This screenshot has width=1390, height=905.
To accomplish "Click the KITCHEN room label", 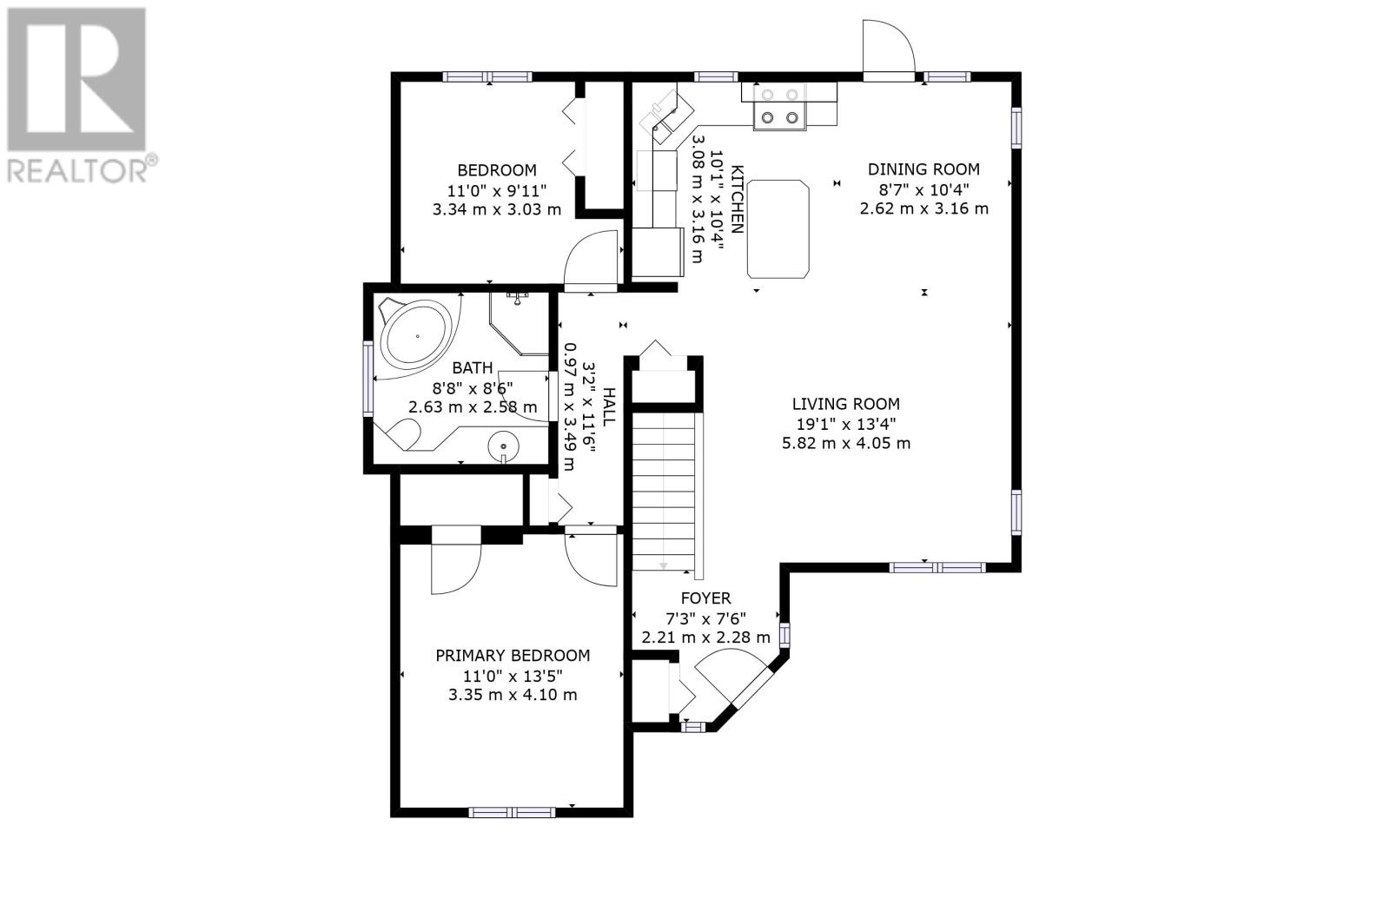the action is click(x=737, y=199).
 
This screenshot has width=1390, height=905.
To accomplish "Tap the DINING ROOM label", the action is click(x=923, y=169).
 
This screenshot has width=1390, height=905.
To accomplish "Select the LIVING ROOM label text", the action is click(x=846, y=404).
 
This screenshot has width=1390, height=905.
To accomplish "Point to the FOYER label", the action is click(x=705, y=598).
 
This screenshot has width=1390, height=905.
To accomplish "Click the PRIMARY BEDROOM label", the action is click(x=513, y=655).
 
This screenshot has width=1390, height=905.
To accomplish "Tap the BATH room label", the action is click(x=473, y=368).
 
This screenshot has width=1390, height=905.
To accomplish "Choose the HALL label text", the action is click(x=609, y=406).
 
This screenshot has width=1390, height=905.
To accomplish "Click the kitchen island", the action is click(x=778, y=229).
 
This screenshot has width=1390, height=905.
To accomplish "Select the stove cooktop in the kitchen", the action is click(x=780, y=106).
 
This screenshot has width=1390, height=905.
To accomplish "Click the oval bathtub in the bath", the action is click(x=416, y=336).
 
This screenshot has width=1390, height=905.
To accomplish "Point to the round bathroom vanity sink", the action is click(x=503, y=446).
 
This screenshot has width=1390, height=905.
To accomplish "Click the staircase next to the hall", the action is click(x=664, y=492).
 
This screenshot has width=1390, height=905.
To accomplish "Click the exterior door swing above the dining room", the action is click(x=889, y=47).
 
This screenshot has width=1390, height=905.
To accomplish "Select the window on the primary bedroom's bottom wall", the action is click(x=512, y=813).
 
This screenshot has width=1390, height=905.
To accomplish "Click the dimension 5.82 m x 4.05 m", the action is click(x=846, y=444).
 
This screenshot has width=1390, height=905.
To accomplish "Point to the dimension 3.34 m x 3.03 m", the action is click(x=496, y=209).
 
